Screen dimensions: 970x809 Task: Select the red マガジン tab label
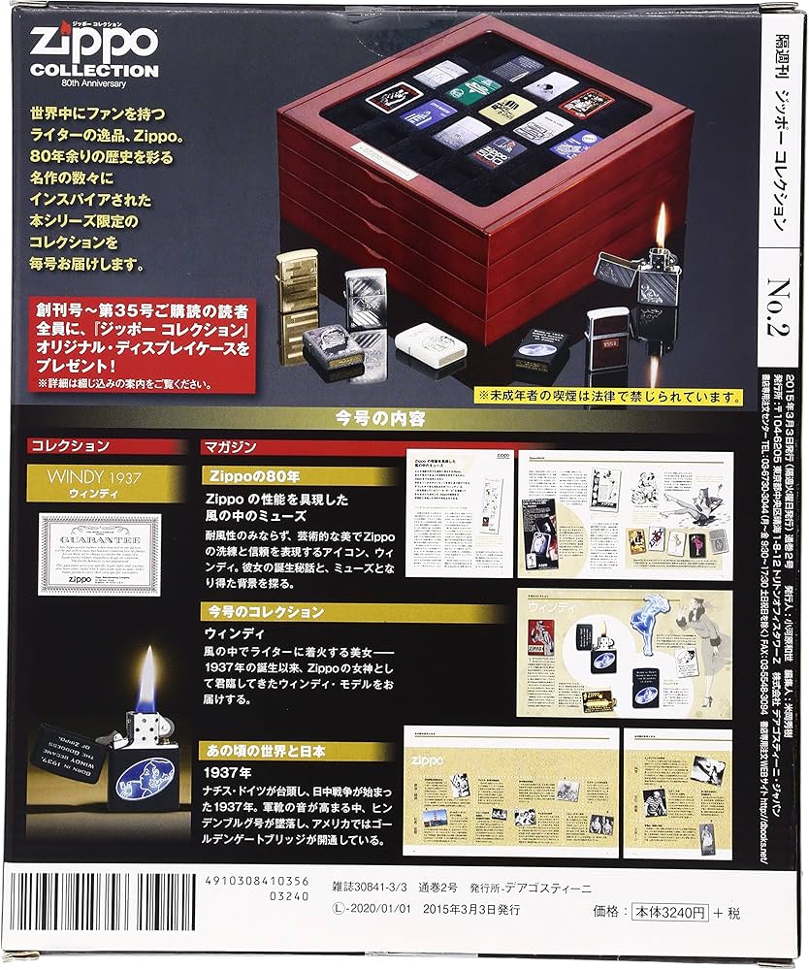[229, 447]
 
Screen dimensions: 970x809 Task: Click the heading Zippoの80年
[255, 475]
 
